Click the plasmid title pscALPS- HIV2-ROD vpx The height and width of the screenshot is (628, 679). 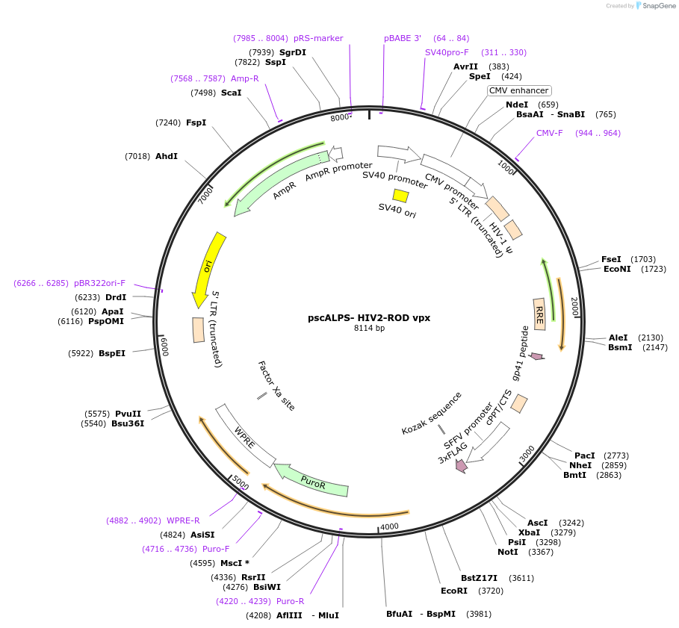click(369, 317)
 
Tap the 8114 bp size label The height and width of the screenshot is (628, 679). click(369, 329)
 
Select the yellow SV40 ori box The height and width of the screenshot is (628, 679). click(401, 196)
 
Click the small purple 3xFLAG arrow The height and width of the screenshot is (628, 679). click(461, 466)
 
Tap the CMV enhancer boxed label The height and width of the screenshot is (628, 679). click(518, 90)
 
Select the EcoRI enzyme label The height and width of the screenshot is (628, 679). click(453, 590)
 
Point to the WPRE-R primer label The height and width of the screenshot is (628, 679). click(183, 520)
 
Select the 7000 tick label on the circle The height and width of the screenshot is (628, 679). click(206, 196)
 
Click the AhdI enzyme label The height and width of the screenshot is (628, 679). click(166, 156)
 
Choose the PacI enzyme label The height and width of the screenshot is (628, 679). click(584, 455)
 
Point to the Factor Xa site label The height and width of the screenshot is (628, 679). click(276, 385)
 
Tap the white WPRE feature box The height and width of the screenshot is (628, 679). click(245, 437)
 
